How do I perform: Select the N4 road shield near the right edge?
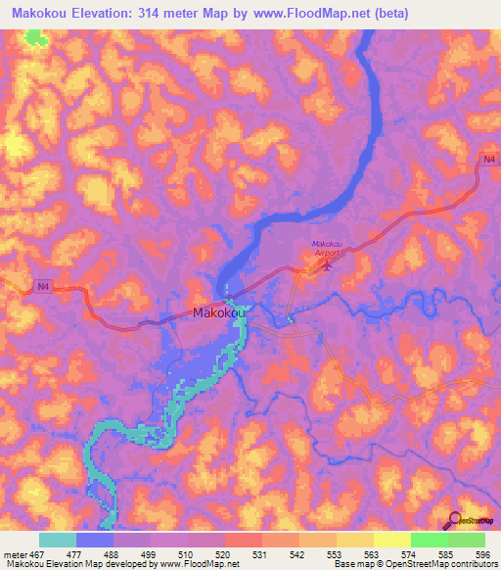click(488, 159)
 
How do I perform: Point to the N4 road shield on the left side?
click(41, 286)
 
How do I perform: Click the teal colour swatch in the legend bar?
click(58, 540)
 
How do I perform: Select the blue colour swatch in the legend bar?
click(95, 540)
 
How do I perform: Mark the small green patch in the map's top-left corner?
click(37, 38)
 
